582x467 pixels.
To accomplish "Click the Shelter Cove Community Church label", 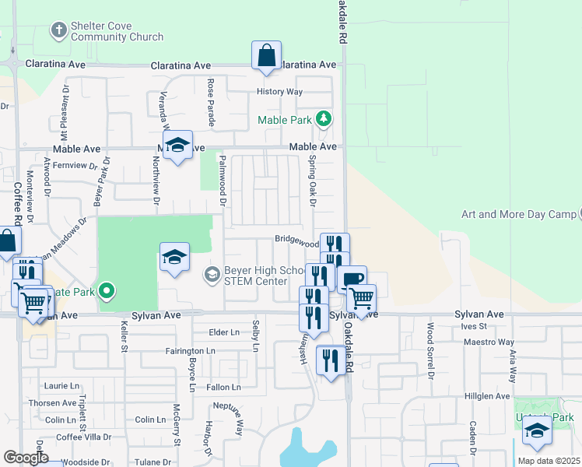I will pyautogui.click(x=117, y=31).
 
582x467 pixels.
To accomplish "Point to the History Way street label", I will pyautogui.click(x=280, y=92).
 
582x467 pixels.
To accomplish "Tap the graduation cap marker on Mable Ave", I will pyautogui.click(x=177, y=146).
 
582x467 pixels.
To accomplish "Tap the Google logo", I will pyautogui.click(x=26, y=458).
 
